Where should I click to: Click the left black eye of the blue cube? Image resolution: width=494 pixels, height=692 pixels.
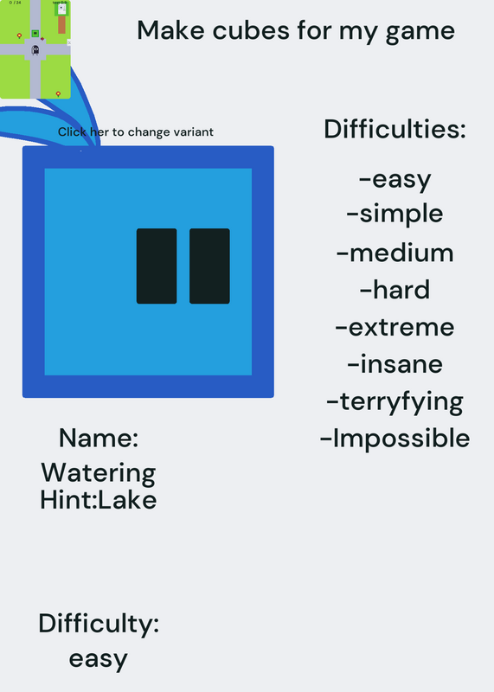pos(157,266)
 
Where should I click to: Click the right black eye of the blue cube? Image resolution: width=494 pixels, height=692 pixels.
pos(209,266)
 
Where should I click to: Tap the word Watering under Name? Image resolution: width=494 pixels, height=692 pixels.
pos(99,473)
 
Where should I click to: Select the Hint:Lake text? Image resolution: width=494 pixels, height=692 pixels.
pos(99,500)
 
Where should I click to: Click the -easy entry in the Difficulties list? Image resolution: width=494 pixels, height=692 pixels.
pos(395,180)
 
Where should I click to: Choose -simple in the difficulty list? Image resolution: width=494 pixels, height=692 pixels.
pos(395,214)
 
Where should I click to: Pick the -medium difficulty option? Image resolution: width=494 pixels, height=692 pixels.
pos(395,253)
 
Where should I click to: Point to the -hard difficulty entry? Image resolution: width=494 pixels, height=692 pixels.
pos(395,290)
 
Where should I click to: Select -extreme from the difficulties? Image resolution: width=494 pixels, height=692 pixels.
pos(395,327)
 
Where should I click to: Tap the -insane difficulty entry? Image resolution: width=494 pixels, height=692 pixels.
pos(395,364)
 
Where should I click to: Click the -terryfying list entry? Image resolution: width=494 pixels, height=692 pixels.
pos(395,402)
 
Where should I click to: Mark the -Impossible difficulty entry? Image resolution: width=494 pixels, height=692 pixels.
pos(395,439)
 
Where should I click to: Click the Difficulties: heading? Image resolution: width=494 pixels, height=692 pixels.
pos(395,129)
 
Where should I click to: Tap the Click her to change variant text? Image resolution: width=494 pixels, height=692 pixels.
pos(136,132)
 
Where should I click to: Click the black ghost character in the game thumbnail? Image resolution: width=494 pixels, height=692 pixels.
pos(35,50)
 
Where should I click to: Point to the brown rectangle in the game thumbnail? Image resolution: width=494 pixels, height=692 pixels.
pos(61,25)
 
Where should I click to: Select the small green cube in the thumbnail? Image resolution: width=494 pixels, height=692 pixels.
pos(35,33)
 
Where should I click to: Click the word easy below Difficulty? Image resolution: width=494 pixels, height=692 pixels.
pos(99,659)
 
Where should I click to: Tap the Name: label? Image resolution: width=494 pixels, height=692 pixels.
pos(99,439)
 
